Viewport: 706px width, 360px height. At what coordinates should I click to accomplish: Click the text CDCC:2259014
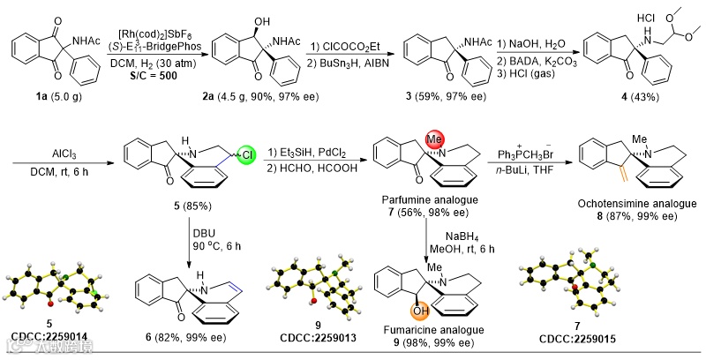50,336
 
